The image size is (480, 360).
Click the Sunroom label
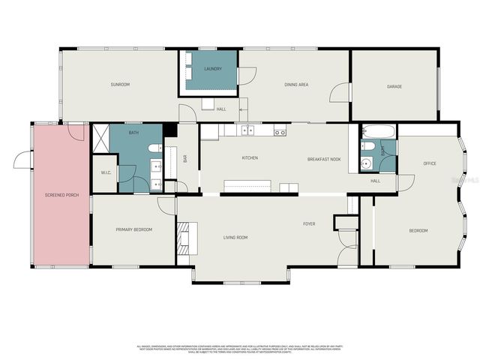tap(120, 85)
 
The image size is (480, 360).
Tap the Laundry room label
tap(213, 70)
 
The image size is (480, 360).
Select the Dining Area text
tap(296, 85)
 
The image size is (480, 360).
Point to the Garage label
tap(394, 86)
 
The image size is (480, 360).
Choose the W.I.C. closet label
tap(106, 172)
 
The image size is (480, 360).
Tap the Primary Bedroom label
tap(133, 229)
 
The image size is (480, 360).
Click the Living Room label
tap(235, 238)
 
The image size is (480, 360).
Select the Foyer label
tap(308, 224)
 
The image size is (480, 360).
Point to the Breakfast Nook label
tap(324, 159)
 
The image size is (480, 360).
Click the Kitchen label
tap(250, 158)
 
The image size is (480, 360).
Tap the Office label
tap(430, 163)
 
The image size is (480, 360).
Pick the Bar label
tap(184, 158)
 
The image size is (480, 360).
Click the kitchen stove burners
tap(280, 132)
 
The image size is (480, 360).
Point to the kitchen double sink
tap(247, 131)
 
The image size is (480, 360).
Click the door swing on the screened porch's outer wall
tap(22, 160)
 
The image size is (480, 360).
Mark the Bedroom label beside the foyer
tap(418, 230)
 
